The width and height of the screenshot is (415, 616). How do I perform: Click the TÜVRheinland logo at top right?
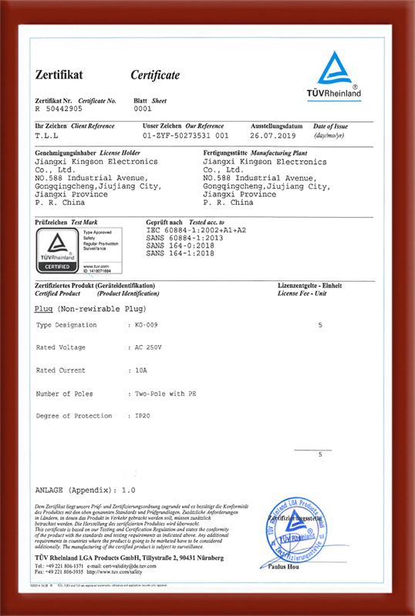[339, 75]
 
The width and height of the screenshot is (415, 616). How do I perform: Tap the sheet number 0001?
[143, 109]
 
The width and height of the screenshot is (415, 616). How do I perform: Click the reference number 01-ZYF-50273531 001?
[186, 133]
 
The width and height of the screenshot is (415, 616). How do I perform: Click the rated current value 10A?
[140, 370]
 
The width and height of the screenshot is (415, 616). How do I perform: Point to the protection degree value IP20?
[143, 416]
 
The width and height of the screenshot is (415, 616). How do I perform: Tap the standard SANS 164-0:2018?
[177, 245]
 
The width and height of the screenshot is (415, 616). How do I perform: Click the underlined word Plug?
[44, 308]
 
